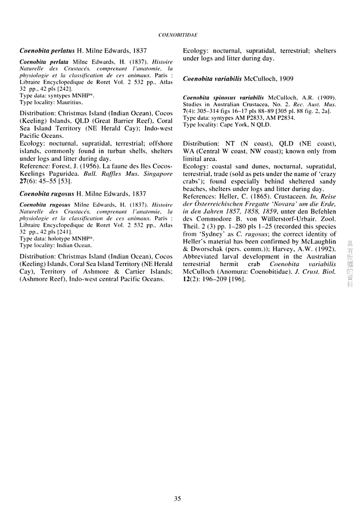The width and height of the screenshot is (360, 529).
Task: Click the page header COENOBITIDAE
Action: click(177, 35)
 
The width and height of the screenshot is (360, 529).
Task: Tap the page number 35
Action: click(178, 499)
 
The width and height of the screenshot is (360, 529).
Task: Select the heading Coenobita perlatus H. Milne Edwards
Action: click(83, 51)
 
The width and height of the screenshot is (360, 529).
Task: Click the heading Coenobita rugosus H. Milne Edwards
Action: click(83, 194)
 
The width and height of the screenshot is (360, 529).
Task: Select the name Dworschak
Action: click(208, 249)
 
